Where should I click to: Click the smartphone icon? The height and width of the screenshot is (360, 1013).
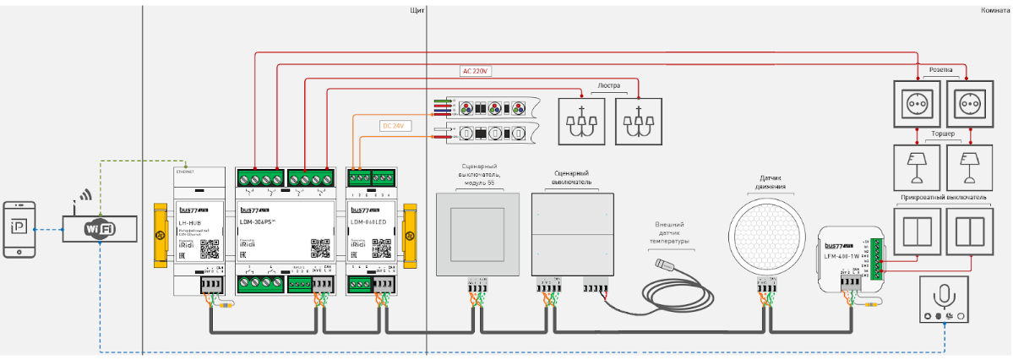tap(19, 228)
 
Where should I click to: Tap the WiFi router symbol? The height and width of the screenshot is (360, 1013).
tap(101, 228)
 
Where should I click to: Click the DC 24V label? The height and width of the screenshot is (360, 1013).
tap(395, 126)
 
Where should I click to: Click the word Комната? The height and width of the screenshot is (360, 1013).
tap(996, 11)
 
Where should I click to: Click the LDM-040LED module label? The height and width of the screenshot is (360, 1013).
tap(369, 222)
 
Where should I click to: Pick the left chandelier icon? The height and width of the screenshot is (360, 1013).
tap(582, 120)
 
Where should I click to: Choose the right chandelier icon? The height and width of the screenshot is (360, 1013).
tap(640, 120)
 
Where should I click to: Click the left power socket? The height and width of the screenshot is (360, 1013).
tap(915, 103)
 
